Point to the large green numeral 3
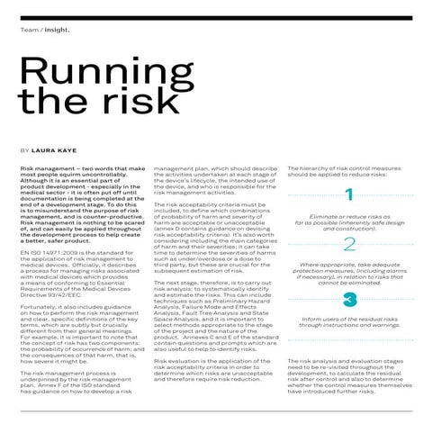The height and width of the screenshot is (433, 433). (x=349, y=298)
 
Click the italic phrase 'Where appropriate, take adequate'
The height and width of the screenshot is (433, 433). (x=349, y=265)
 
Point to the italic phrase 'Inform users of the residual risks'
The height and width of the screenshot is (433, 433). (x=349, y=318)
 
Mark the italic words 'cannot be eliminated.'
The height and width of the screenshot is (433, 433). (x=349, y=282)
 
